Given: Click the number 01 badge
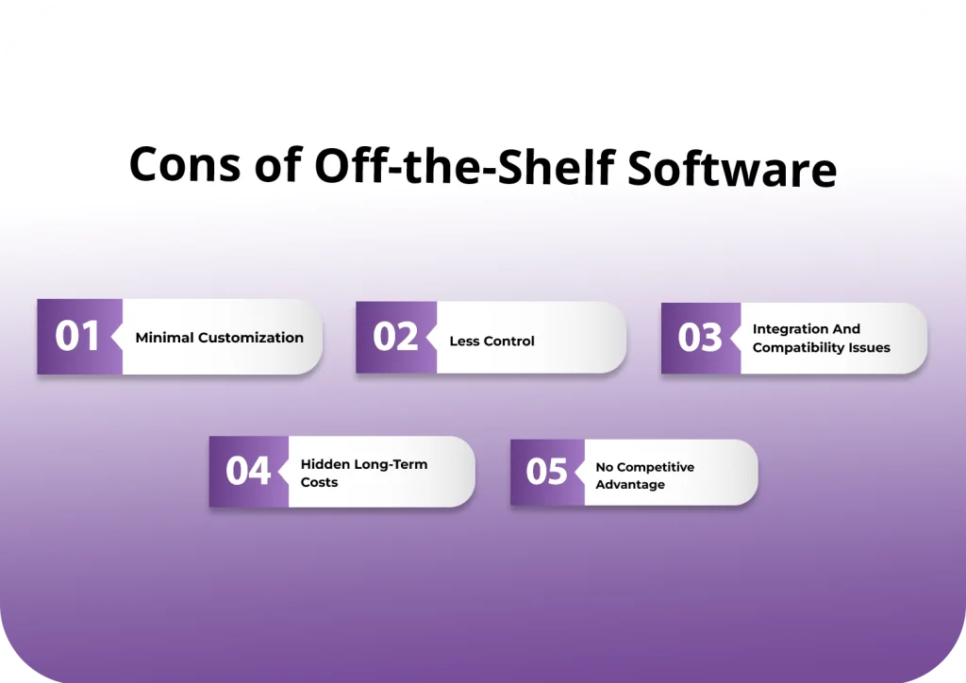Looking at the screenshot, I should click(77, 337).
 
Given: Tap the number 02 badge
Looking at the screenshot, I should click(395, 337).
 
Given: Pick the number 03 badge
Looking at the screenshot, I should click(700, 338).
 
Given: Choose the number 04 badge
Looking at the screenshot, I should click(248, 471).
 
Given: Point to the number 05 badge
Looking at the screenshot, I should click(547, 471).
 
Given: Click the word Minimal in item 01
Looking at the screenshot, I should click(164, 338).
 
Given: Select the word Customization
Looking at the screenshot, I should click(250, 338).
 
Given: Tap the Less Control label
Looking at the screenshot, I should click(491, 341).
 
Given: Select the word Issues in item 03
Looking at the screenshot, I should click(870, 347).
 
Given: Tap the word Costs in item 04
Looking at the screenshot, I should click(319, 482).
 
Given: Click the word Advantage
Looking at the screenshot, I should click(629, 485).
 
